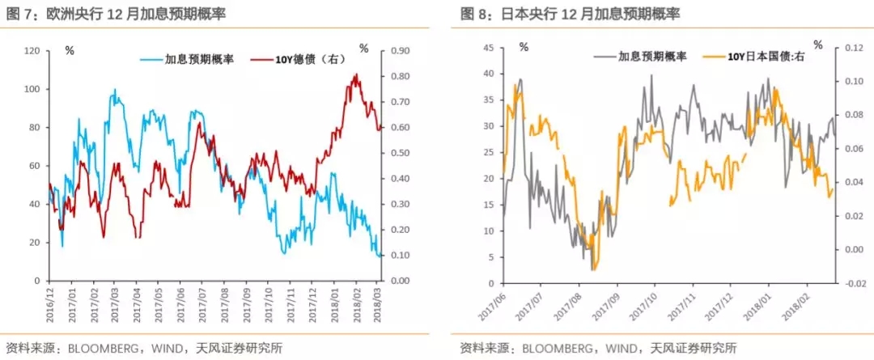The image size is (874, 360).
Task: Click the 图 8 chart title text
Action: coord(570,15)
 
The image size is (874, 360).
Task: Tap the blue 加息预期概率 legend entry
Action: coord(188,59)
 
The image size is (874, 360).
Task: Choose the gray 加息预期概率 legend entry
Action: coord(639,57)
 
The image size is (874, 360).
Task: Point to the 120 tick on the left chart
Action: coord(32,50)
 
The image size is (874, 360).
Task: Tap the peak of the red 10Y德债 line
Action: coord(357,74)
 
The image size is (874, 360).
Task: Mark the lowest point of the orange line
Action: coord(593,270)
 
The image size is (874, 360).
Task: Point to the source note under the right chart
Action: coord(599,349)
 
